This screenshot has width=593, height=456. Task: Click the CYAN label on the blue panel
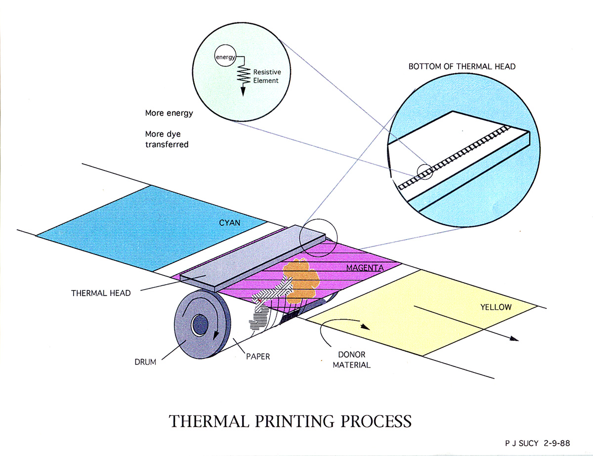point(229,223)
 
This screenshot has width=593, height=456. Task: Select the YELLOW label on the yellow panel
point(496,307)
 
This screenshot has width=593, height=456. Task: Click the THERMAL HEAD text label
point(101,293)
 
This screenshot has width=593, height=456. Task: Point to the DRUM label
point(145,362)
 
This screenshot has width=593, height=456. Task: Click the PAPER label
point(258,356)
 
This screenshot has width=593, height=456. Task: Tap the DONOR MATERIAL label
point(351,360)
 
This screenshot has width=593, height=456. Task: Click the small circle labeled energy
point(225,58)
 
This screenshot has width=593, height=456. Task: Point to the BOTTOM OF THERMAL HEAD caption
point(462,66)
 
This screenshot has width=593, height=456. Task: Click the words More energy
point(169,113)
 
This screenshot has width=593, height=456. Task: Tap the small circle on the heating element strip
point(424,171)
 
